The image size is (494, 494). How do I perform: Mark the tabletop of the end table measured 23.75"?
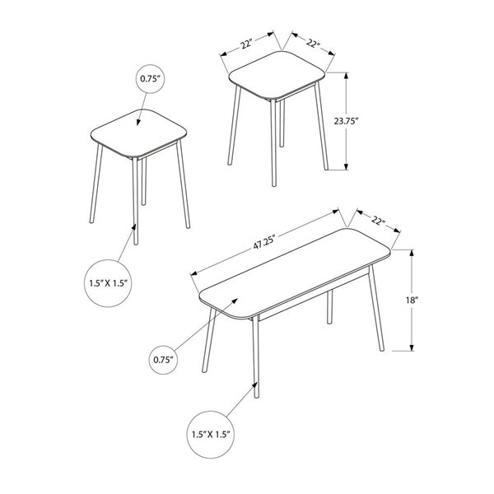pos(277,77)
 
